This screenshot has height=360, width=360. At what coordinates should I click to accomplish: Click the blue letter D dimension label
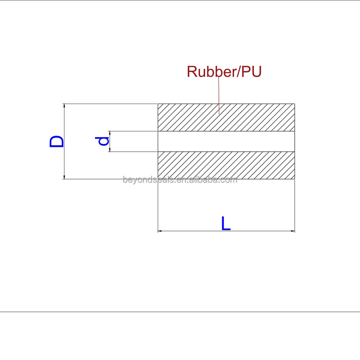coord(57,141)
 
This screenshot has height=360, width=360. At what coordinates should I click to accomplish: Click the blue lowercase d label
coord(103,141)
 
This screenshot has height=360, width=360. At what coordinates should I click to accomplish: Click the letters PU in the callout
coord(251,72)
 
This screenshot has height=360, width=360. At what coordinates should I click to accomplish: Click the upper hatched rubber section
coord(226,117)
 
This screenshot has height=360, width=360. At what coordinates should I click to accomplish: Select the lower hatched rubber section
coord(226,165)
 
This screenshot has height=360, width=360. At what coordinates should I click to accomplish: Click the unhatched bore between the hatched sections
coord(226,141)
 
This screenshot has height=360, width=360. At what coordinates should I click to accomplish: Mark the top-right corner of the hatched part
coord(295,104)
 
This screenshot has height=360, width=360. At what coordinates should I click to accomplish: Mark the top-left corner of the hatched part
coord(158,104)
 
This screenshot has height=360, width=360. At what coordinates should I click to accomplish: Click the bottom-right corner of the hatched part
coord(295,179)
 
